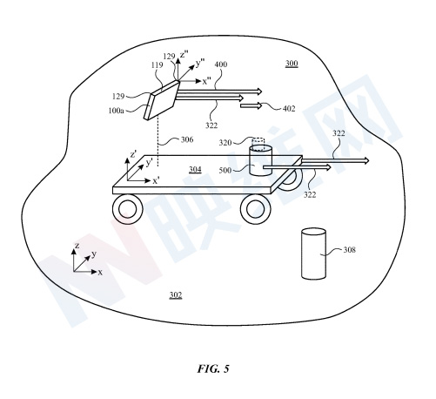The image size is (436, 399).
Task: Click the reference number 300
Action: [292, 64]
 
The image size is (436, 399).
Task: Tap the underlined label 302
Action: [176, 295]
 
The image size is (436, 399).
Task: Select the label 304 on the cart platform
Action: [195, 169]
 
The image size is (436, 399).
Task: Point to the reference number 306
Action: [187, 139]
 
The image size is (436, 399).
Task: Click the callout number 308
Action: [349, 250]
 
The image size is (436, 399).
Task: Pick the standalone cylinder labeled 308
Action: [313, 254]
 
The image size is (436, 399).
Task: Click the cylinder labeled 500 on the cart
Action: [261, 161]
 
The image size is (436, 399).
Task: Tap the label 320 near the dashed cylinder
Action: [225, 143]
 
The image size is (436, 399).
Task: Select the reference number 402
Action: [289, 109]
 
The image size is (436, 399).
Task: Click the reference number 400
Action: [221, 64]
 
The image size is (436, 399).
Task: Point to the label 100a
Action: [116, 111]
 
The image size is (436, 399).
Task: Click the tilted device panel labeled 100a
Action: [162, 100]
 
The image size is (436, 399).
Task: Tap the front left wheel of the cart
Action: [128, 210]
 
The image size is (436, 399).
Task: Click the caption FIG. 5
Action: [213, 369]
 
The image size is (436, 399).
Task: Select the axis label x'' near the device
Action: [207, 82]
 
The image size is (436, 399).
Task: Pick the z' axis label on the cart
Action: [133, 155]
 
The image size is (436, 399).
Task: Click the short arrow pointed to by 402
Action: [251, 106]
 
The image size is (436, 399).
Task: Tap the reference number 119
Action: [157, 65]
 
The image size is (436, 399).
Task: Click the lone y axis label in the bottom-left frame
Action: [94, 254]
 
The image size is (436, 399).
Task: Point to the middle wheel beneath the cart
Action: [256, 210]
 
